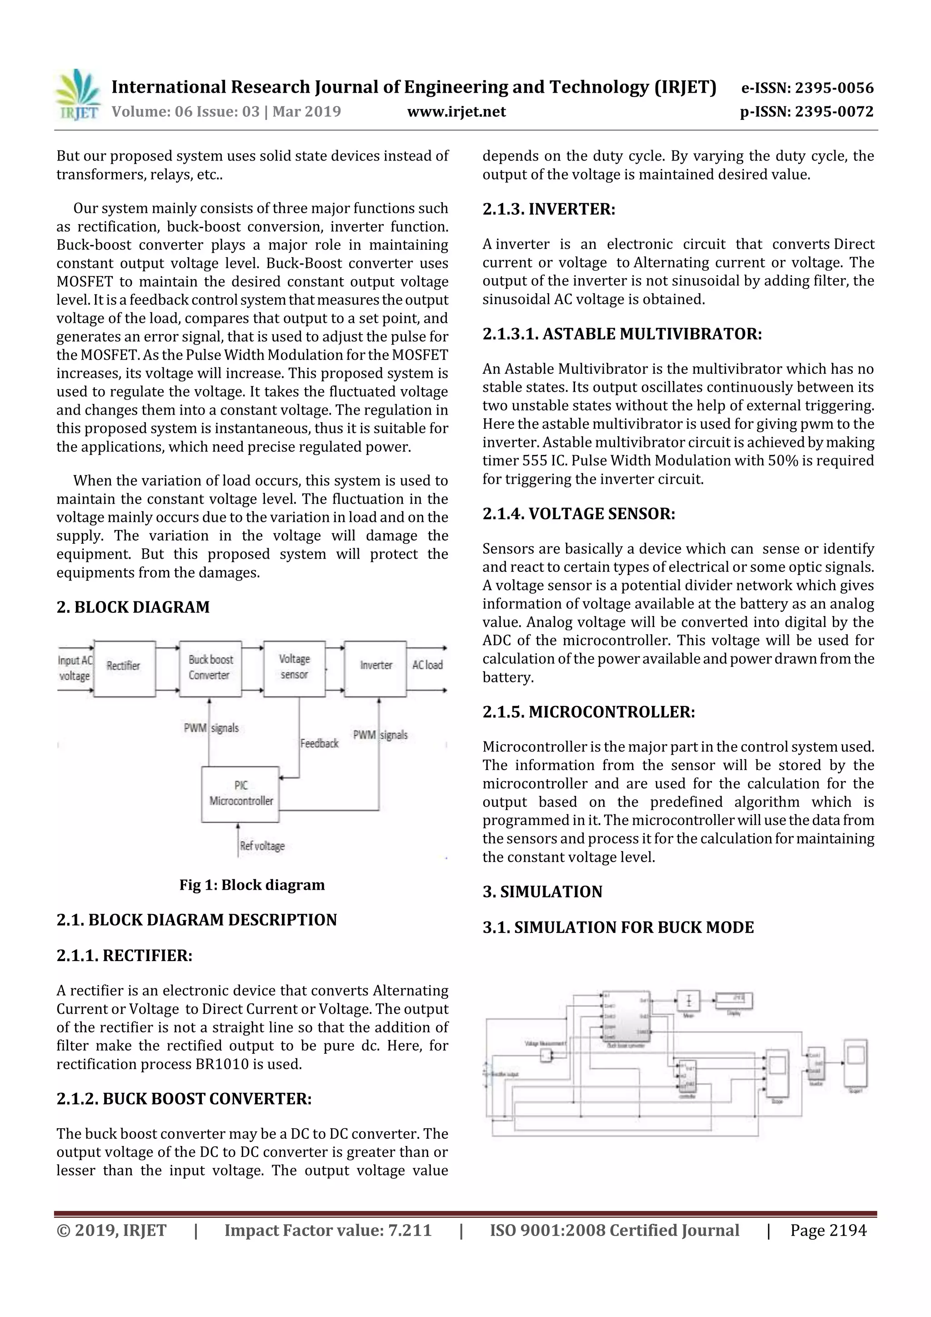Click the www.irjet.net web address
pyautogui.click(x=456, y=111)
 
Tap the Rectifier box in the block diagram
pyautogui.click(x=124, y=668)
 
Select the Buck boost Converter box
pyautogui.click(x=210, y=668)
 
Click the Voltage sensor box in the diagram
pyautogui.click(x=294, y=668)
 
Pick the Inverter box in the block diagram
pyautogui.click(x=376, y=668)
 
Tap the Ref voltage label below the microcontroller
pyautogui.click(x=262, y=846)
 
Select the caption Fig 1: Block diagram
pyautogui.click(x=252, y=885)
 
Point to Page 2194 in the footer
pyautogui.click(x=828, y=1230)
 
